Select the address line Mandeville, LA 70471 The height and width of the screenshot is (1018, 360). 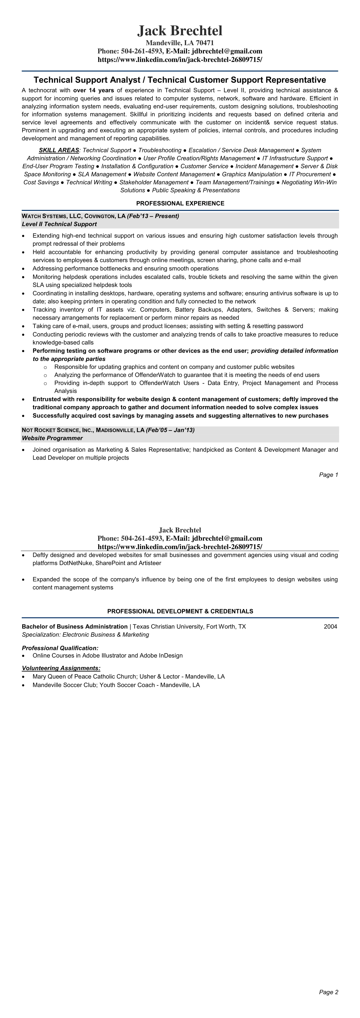[x=180, y=43]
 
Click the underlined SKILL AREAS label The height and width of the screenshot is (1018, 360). [x=59, y=150]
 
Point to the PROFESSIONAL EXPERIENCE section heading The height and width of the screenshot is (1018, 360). [x=180, y=203]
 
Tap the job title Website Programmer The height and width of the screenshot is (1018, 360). [x=52, y=438]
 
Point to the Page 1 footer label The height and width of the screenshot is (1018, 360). [x=328, y=475]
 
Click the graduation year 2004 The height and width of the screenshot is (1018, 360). [x=330, y=626]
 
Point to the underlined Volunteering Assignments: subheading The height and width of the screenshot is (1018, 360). [x=61, y=668]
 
